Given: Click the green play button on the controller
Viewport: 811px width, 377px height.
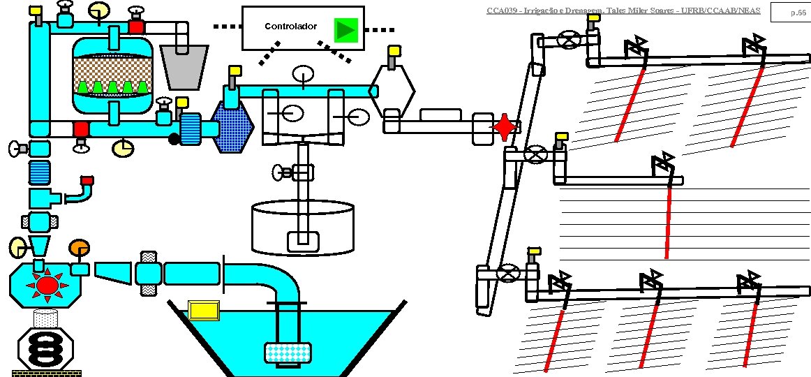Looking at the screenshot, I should click(x=345, y=29).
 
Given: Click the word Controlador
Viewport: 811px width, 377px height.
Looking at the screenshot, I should click(x=290, y=27).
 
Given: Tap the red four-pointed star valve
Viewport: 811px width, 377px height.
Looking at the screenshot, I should click(x=504, y=127).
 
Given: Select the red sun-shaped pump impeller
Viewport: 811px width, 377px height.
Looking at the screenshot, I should click(x=47, y=285).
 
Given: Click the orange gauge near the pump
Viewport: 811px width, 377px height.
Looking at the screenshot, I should click(x=79, y=248).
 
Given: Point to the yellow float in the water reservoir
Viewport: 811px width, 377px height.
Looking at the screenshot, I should click(x=204, y=309).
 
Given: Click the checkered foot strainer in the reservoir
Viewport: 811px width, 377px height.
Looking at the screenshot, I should click(x=287, y=353).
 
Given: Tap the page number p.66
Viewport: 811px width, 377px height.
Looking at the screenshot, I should click(x=798, y=13).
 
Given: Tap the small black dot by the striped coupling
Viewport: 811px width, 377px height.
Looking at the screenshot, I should click(x=174, y=139).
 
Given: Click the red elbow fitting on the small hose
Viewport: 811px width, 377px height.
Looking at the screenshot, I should click(x=87, y=183).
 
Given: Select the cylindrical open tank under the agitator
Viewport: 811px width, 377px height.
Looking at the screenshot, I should click(x=303, y=227).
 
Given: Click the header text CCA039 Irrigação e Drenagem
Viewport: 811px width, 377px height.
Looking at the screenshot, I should click(x=623, y=10).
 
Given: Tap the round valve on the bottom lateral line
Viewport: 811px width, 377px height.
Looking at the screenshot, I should click(x=512, y=274).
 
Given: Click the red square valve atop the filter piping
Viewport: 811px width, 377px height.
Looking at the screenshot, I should click(x=136, y=27).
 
